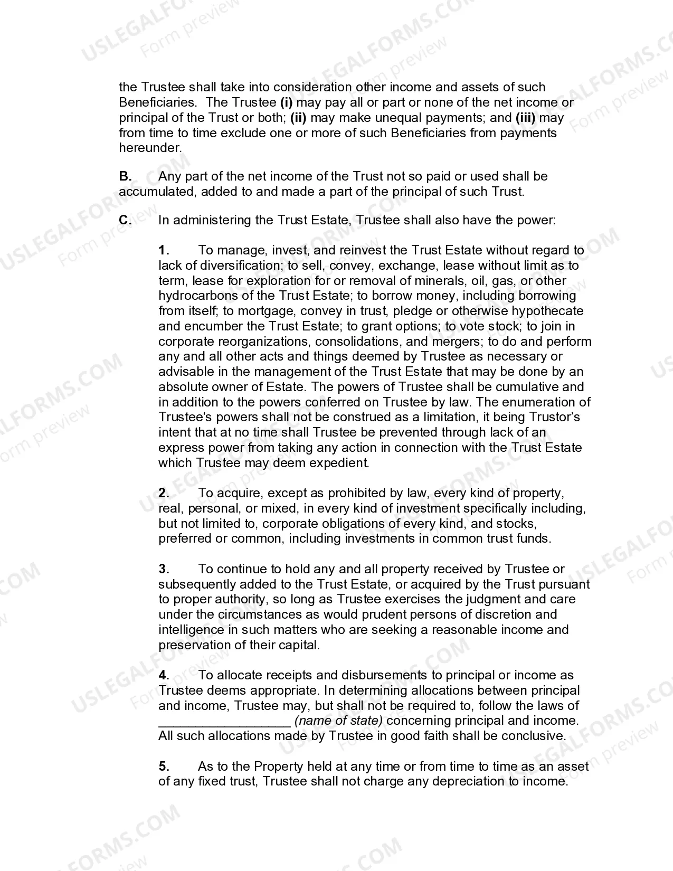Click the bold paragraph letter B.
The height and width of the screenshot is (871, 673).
pos(125,176)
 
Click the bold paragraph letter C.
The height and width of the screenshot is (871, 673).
pos(125,220)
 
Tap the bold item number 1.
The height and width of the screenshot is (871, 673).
pos(164,250)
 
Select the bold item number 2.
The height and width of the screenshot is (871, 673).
pos(164,493)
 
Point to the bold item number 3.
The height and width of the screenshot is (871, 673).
pos(164,569)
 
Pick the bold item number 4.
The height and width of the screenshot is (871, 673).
pos(164,675)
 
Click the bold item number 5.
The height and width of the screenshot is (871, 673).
pos(164,766)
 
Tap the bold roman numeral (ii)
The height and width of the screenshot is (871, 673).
pos(298,118)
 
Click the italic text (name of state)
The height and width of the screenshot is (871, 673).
pos(338,721)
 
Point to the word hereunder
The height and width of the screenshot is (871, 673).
pos(150,148)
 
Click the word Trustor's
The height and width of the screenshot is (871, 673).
pos(554,417)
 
